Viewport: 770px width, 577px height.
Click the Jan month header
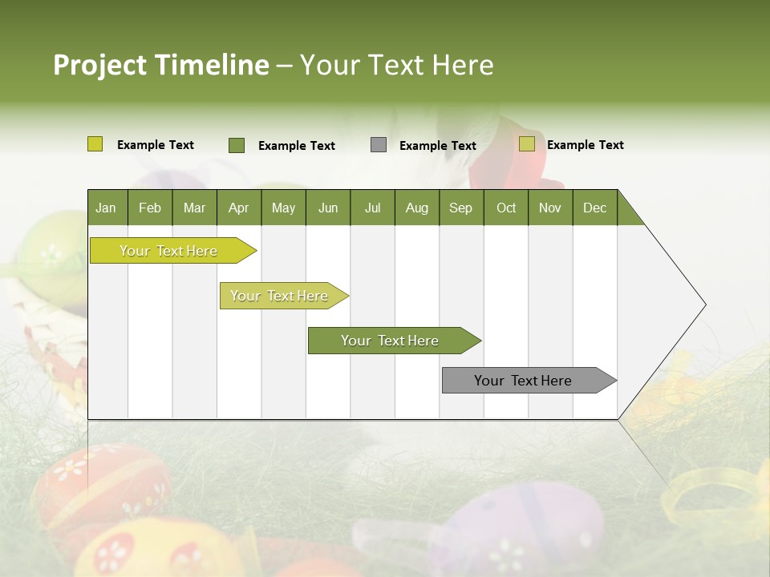(107, 208)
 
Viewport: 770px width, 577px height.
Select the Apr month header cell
(239, 208)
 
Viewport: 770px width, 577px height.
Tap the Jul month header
(373, 208)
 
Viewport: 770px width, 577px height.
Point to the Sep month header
(461, 208)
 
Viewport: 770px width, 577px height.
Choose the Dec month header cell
(595, 208)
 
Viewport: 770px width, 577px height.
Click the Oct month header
(506, 208)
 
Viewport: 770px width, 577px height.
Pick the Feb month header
(150, 208)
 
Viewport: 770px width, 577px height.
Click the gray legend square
(379, 145)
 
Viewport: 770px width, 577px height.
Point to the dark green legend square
(237, 145)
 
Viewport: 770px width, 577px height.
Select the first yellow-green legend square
(95, 144)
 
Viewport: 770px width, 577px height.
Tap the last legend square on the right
(527, 144)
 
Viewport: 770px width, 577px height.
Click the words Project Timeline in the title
(160, 65)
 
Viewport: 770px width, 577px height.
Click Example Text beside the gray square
(438, 146)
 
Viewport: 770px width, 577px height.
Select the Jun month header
(328, 208)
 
